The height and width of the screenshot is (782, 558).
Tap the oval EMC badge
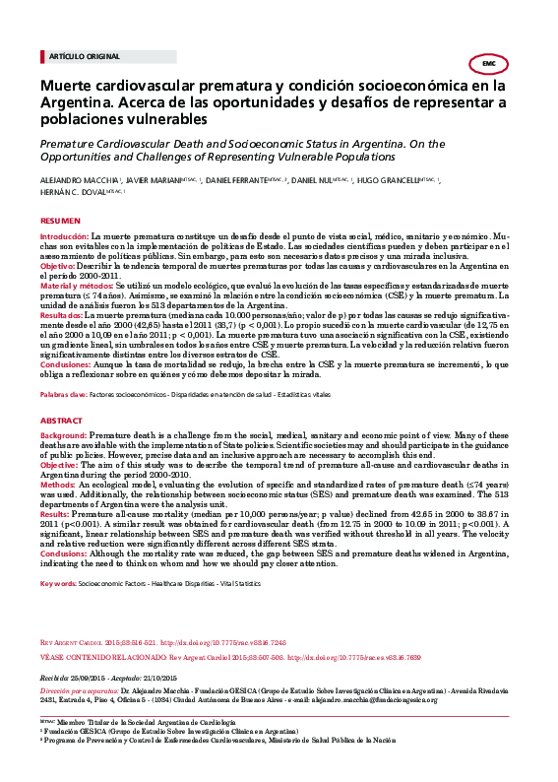click(x=488, y=63)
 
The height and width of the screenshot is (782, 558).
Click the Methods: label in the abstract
click(x=57, y=485)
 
